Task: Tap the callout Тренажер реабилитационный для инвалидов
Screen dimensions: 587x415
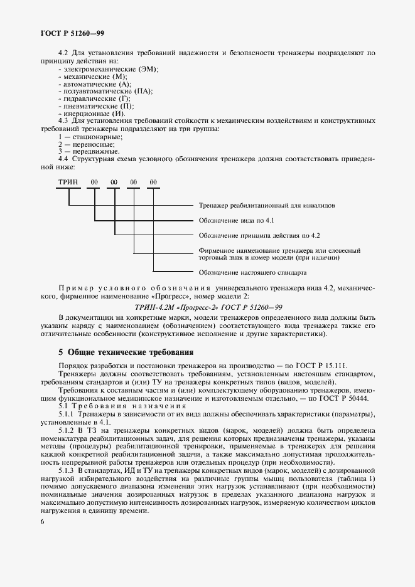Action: (270, 205)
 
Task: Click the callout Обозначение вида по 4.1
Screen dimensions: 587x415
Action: (236, 221)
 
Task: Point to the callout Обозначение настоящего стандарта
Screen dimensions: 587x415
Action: (252, 273)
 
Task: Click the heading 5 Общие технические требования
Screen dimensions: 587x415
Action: (126, 352)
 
